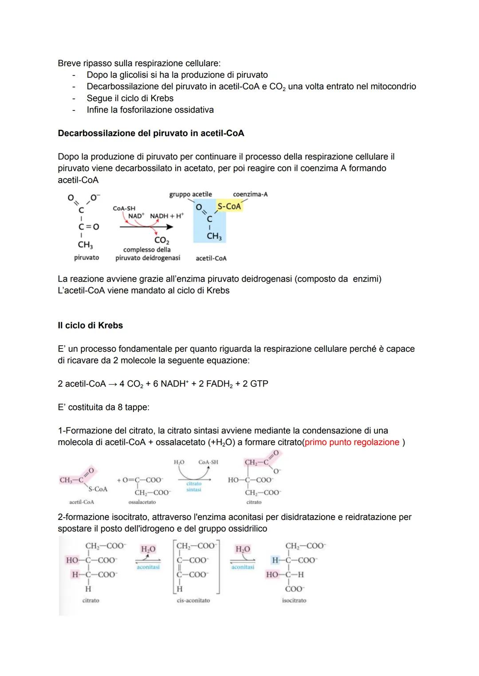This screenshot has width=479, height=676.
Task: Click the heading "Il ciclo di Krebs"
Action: (x=90, y=325)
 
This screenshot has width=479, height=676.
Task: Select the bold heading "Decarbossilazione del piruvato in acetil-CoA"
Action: (x=151, y=133)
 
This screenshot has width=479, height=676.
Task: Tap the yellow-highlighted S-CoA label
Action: (x=229, y=206)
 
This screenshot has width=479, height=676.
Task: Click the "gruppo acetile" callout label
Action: (x=190, y=194)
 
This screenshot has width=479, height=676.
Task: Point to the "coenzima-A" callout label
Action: (x=250, y=194)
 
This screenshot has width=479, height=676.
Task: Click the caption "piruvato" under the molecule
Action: (x=86, y=258)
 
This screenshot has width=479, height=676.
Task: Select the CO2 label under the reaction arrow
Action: (x=161, y=240)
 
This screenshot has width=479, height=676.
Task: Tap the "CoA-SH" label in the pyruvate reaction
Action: (x=124, y=208)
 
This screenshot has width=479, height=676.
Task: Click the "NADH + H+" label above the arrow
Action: (x=167, y=216)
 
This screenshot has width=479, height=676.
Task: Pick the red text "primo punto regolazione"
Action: (x=352, y=442)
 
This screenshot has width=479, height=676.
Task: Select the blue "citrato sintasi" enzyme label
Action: (x=194, y=486)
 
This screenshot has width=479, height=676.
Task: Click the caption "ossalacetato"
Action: (x=142, y=502)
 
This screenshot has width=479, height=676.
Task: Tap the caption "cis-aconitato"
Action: (x=193, y=600)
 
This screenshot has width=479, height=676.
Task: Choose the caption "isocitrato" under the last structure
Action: (x=294, y=600)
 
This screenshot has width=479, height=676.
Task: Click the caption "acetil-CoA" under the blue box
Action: (x=211, y=258)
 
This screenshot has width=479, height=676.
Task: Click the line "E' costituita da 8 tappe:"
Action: (x=103, y=407)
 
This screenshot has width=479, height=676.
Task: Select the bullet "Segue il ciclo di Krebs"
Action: (x=130, y=98)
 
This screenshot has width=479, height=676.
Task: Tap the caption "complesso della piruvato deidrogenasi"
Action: (x=148, y=254)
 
